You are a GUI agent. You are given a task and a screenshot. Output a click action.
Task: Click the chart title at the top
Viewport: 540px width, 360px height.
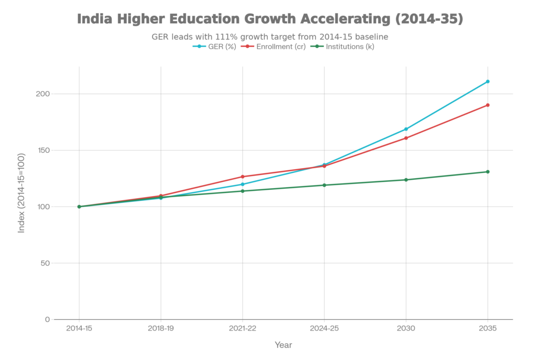270,19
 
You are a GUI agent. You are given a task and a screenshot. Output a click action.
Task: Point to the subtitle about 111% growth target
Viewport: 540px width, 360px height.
270,37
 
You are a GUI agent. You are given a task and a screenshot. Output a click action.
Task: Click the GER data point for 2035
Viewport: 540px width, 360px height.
488,81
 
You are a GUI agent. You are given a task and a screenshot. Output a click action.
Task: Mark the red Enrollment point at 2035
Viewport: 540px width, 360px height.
488,105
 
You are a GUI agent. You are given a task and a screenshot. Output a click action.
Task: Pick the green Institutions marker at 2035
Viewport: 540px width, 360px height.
488,172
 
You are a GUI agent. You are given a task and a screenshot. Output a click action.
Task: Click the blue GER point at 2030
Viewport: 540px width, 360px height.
406,129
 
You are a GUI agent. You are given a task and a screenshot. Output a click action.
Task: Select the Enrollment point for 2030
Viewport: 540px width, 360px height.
406,138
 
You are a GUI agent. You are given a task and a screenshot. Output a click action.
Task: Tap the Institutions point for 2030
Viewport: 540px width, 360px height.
406,180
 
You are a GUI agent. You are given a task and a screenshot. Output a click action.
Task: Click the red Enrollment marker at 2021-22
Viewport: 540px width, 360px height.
243,177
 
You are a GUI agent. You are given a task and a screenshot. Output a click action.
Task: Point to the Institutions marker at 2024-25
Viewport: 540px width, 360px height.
324,185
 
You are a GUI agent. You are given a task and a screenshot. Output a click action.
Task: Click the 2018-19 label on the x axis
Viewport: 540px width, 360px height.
161,328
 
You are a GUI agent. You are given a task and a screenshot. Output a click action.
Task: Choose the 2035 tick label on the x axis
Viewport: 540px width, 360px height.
488,328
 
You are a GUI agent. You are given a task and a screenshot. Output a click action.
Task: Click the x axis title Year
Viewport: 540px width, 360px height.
283,345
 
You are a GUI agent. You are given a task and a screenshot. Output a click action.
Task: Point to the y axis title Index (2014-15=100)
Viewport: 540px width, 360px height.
21,192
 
